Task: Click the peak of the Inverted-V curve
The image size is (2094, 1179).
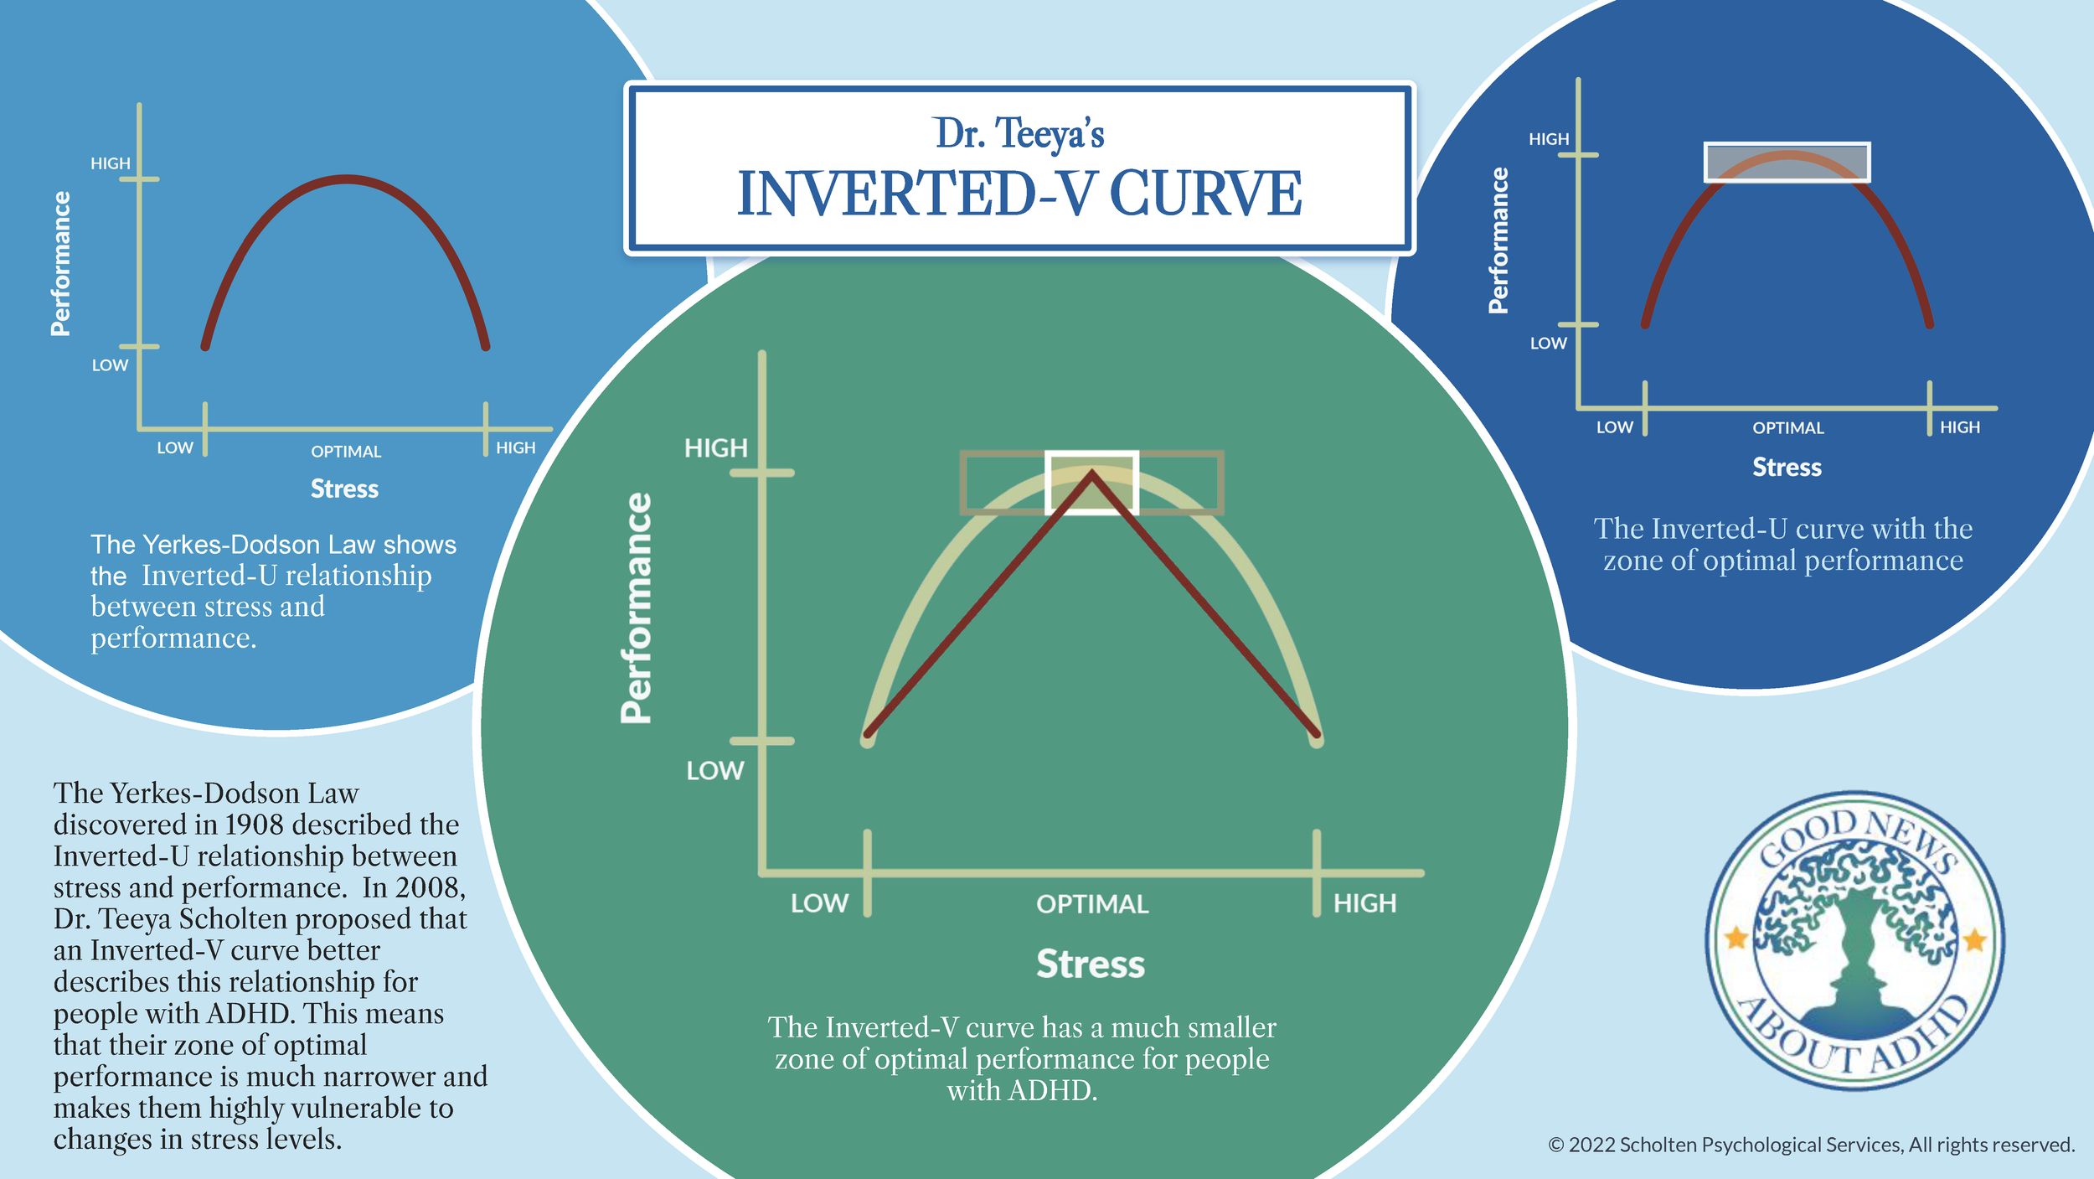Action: (1091, 475)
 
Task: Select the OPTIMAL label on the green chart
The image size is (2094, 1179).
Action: (1092, 904)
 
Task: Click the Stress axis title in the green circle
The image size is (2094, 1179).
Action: (1091, 964)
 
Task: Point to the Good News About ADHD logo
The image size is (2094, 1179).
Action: (1855, 941)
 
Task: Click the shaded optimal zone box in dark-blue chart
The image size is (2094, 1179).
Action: (1787, 162)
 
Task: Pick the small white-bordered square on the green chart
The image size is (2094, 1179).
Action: (1091, 483)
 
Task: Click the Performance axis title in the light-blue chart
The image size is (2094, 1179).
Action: (60, 263)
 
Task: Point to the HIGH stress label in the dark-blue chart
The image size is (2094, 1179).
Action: (1960, 427)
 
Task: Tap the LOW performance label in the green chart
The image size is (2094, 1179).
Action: (714, 771)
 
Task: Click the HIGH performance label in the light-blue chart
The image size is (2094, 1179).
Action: (111, 163)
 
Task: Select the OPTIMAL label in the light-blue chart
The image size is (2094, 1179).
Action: (346, 452)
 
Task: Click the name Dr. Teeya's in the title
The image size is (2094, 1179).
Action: (1019, 134)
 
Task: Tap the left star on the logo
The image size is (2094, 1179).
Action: (1736, 938)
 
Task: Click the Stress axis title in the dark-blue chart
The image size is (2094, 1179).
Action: (1787, 468)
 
